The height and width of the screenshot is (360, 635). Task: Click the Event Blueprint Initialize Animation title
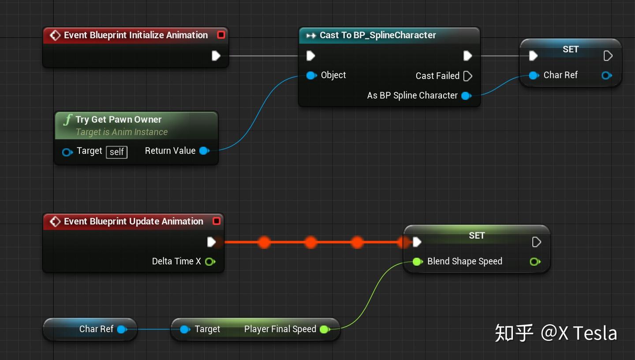135,35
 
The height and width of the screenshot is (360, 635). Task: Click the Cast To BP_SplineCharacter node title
377,35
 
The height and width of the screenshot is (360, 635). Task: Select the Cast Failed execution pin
468,76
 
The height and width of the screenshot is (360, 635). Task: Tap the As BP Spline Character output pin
466,96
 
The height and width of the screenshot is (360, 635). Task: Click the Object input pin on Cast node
311,75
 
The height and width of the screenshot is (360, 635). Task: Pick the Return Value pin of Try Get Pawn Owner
204,151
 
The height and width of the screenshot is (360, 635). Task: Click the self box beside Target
116,152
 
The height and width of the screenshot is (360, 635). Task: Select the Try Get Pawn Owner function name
118,120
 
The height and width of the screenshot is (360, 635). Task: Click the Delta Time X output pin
210,262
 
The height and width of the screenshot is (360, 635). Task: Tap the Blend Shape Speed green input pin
417,262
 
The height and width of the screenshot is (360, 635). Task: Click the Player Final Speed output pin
324,330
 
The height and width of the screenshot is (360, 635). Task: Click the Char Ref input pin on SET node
534,75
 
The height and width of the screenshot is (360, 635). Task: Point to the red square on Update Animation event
217,221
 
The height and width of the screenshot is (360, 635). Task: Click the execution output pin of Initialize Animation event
216,56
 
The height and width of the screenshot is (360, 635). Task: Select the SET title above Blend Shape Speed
477,236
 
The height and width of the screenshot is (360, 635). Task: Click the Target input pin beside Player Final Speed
185,330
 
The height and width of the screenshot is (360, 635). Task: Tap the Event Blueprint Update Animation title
133,221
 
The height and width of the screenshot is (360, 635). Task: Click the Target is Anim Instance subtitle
122,132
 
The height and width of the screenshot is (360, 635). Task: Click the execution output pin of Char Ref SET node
608,56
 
